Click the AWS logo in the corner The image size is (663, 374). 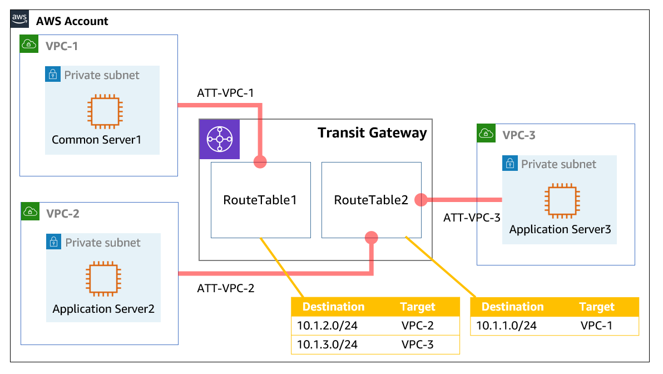point(19,19)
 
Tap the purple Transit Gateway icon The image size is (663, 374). point(219,139)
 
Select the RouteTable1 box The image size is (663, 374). point(260,200)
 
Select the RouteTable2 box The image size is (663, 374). point(371,200)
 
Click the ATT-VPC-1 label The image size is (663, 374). point(225,93)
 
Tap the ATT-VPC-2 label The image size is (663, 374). point(225,289)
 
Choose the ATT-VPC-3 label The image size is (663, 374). point(472,218)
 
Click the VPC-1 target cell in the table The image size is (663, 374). point(596,325)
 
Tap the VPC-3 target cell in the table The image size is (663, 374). point(417,345)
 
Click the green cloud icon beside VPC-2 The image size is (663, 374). point(29,211)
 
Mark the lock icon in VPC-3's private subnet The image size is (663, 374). point(510,164)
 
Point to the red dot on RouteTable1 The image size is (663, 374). point(260,163)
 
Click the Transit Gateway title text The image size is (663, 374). point(372,133)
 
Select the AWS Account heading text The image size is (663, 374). point(72,21)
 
